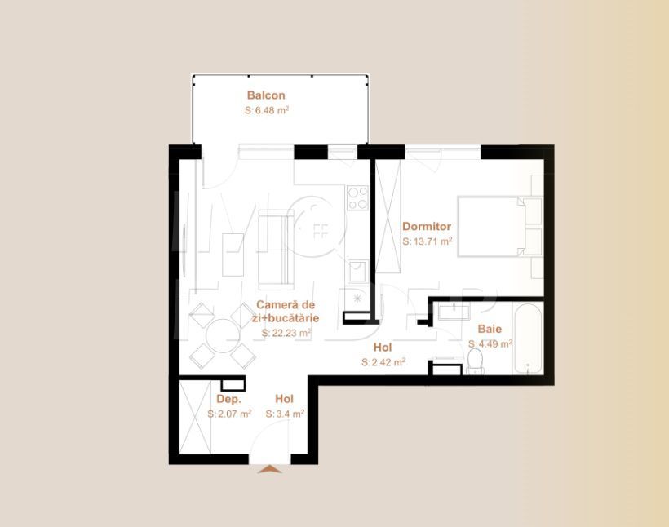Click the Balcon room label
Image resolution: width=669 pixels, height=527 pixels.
coord(266,95)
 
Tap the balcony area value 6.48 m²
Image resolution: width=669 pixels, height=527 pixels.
coord(268,110)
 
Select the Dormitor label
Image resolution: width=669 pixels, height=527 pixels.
coord(427,227)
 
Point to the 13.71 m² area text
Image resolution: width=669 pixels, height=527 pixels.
coord(428,241)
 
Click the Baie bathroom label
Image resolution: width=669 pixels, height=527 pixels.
coord(490,330)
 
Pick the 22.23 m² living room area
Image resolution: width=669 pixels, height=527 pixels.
coord(286,333)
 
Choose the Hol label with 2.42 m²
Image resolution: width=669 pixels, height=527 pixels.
coord(383,348)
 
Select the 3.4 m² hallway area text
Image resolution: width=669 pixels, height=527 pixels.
coord(285,414)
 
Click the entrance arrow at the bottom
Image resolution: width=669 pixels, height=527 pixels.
coord(269,469)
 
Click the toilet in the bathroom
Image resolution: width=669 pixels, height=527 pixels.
coord(476,358)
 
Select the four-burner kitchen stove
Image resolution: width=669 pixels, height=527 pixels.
coord(357,198)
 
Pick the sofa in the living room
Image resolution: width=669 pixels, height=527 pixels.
coord(275,248)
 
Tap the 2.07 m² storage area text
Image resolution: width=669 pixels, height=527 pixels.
coord(229,414)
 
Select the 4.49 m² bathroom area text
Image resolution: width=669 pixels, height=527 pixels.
coord(490,344)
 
